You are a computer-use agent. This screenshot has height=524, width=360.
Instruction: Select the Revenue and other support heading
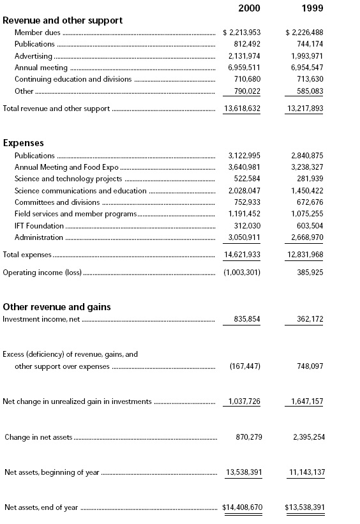point(63,20)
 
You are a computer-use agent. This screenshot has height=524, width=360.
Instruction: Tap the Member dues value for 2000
point(241,33)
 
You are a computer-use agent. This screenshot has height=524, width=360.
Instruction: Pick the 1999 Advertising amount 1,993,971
point(304,56)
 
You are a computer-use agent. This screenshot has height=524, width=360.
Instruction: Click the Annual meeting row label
point(40,68)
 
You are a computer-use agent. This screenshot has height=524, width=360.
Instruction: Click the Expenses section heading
point(24,144)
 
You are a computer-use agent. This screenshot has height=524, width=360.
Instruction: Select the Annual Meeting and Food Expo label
point(66,167)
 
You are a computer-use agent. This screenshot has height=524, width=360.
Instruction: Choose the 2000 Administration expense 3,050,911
point(244,237)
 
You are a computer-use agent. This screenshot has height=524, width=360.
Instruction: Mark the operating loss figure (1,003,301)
point(241,273)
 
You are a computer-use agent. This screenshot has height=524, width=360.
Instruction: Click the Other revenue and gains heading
point(57,307)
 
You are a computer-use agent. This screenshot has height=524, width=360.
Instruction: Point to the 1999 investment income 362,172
point(308,318)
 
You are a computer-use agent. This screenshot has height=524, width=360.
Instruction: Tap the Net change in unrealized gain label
point(77,401)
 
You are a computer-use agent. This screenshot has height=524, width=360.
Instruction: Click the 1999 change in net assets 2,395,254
point(304,437)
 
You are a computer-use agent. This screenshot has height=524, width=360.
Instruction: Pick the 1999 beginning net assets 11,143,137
point(304,472)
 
